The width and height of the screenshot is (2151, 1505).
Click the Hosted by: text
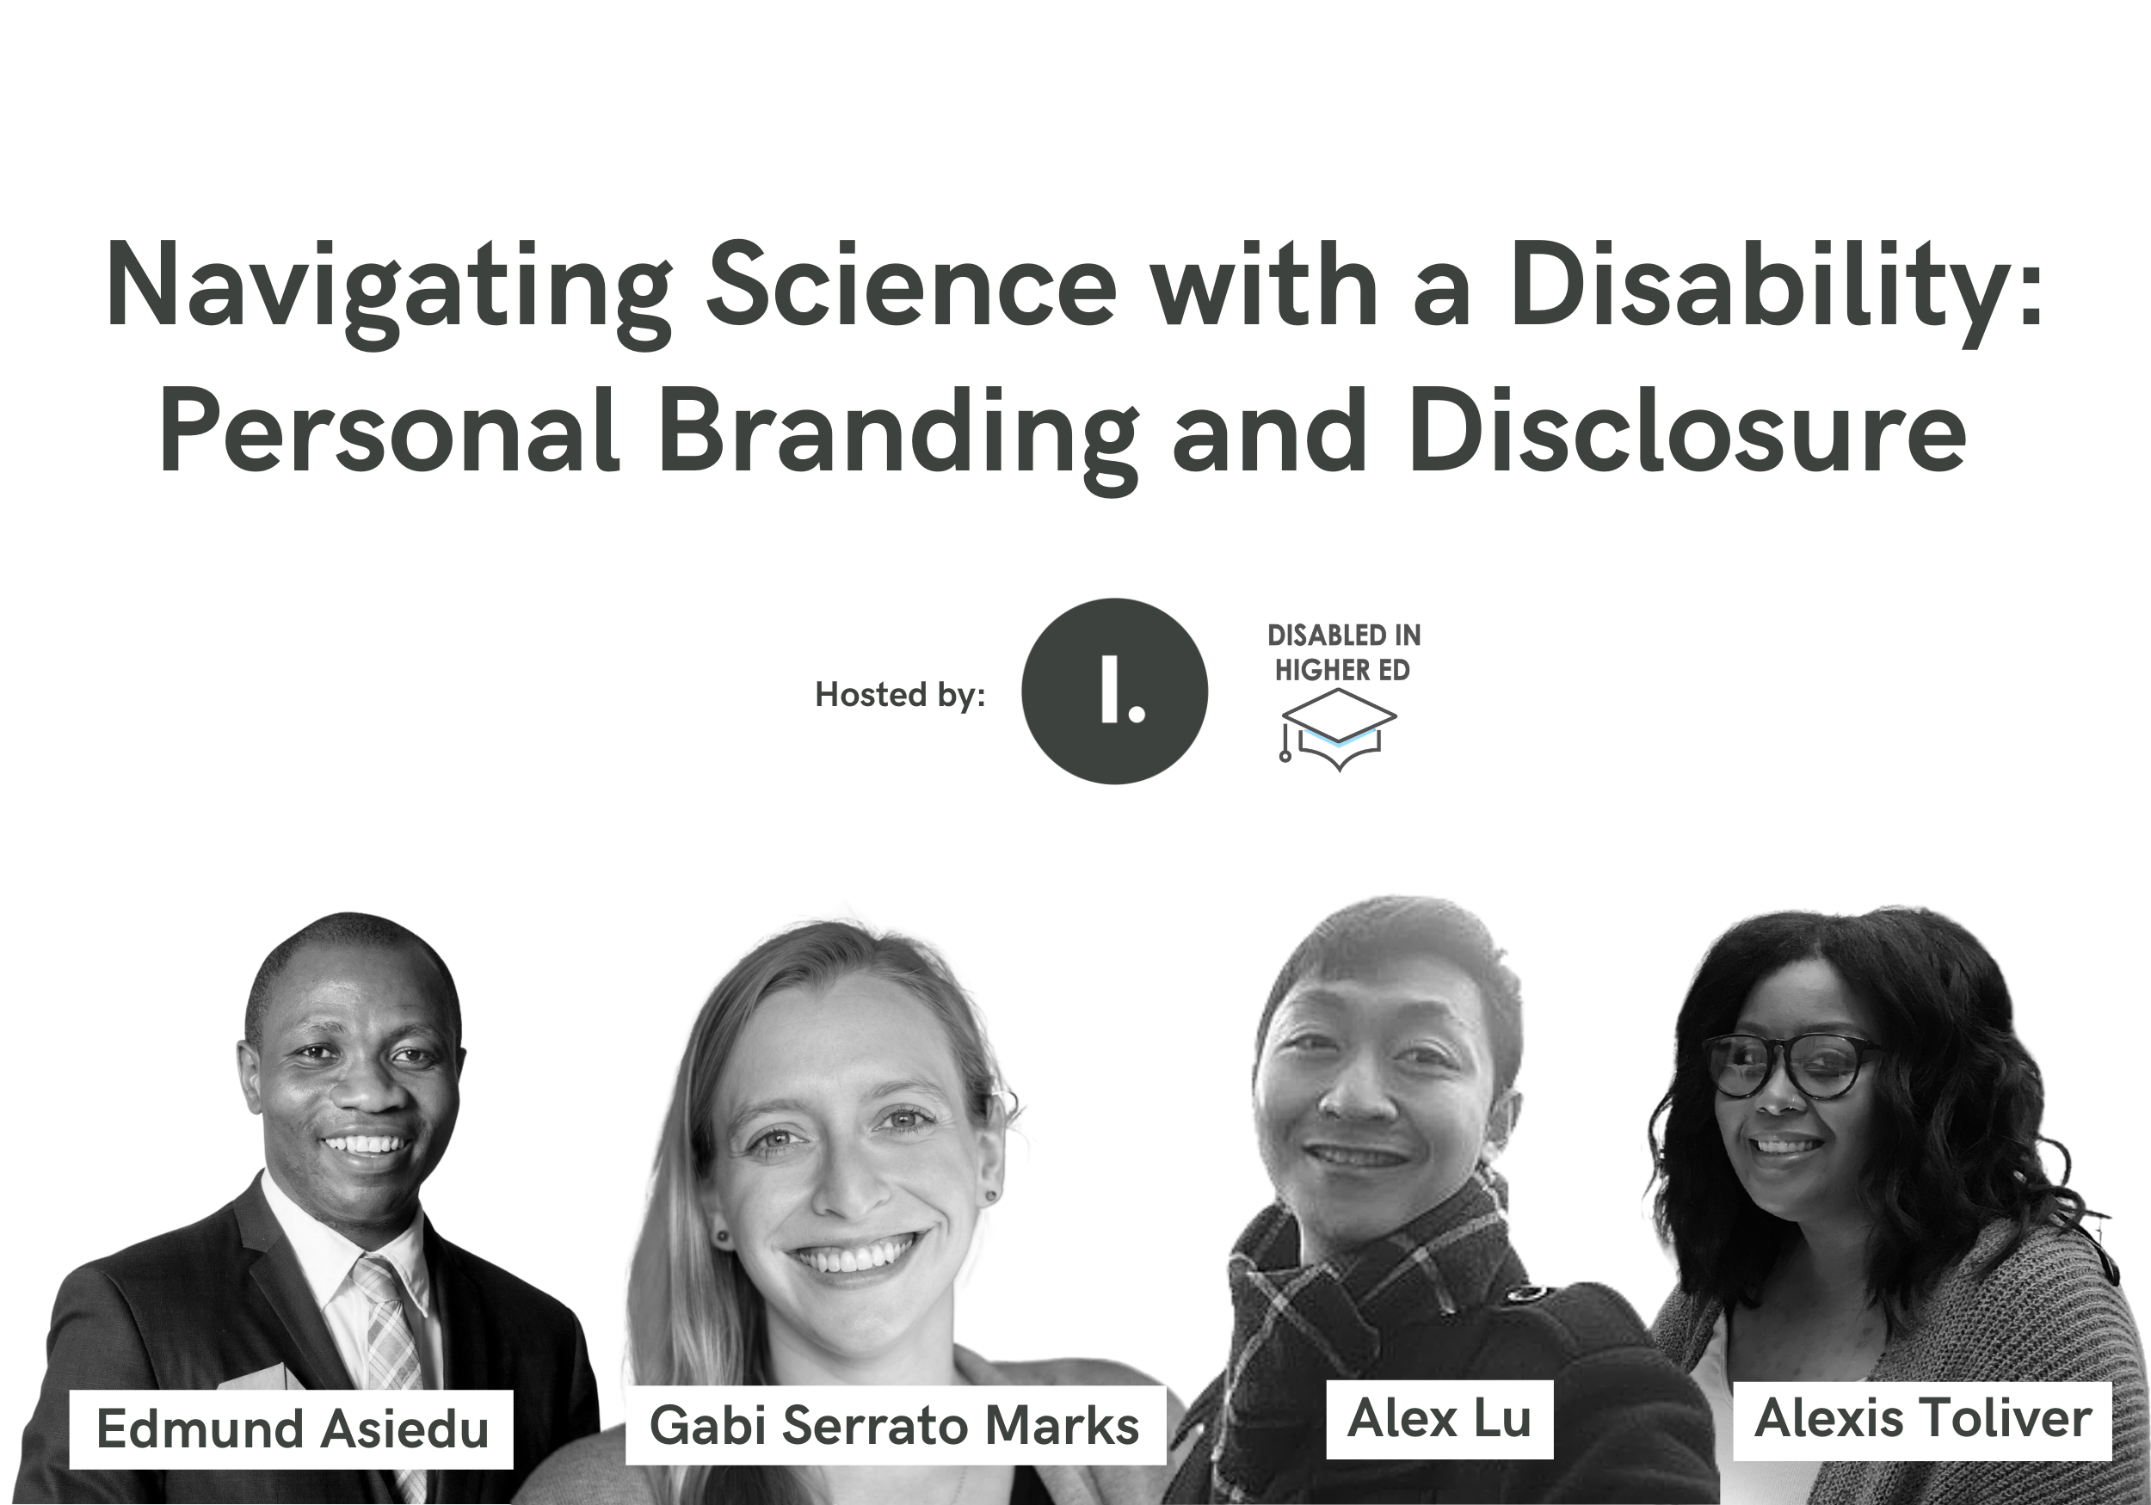click(899, 694)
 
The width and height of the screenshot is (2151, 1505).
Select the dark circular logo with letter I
click(1114, 691)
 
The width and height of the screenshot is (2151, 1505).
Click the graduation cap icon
click(1338, 729)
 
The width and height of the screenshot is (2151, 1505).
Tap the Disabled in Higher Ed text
click(1343, 653)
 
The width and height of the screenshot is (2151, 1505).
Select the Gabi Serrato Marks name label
click(895, 1425)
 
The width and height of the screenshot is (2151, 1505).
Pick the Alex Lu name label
click(1439, 1419)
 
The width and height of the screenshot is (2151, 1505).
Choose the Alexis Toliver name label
click(1922, 1420)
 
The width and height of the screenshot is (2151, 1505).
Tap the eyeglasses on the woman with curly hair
click(1791, 1066)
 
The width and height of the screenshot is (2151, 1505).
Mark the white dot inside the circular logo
click(1137, 714)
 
